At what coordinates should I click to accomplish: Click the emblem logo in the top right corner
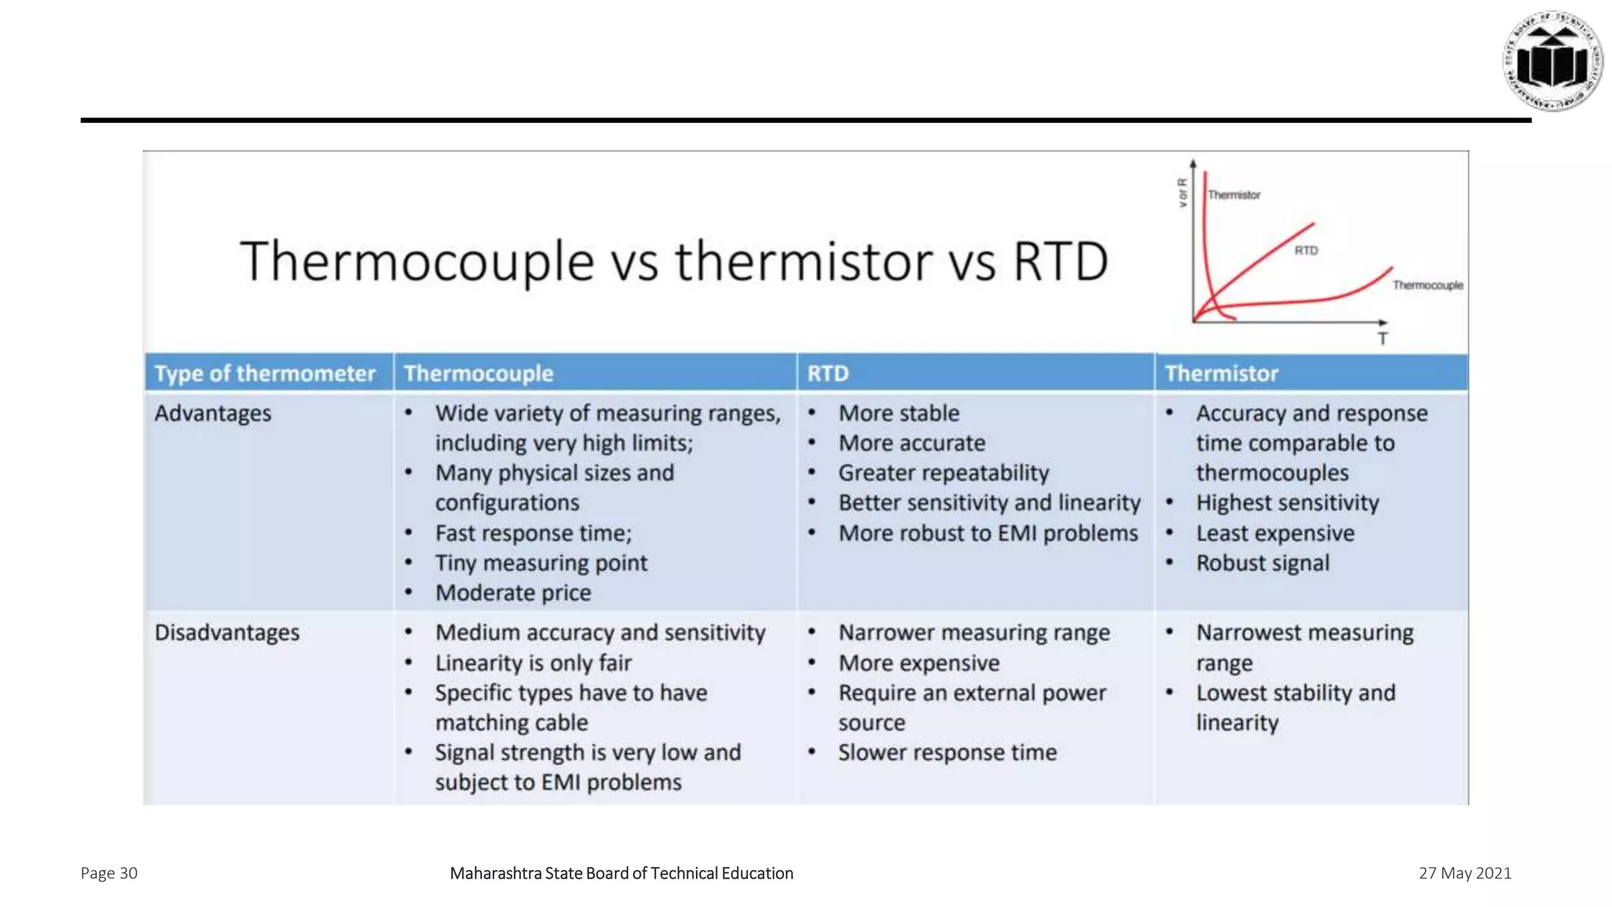tap(1552, 61)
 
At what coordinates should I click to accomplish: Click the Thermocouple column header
tap(479, 373)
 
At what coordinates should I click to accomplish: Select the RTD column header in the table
tap(827, 373)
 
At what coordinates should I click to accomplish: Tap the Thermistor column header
tap(1221, 373)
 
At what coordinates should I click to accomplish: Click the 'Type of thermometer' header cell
tap(264, 373)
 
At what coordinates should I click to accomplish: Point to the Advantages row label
tap(213, 413)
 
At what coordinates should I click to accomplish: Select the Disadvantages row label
tap(227, 632)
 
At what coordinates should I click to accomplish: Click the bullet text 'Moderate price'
tap(513, 593)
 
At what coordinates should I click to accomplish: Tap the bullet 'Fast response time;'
tap(533, 533)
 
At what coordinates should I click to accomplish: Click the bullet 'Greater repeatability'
tap(943, 473)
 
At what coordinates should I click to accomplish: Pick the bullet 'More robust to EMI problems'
tap(988, 533)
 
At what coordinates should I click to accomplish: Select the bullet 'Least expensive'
tap(1275, 533)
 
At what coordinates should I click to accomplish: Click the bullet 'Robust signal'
tap(1263, 563)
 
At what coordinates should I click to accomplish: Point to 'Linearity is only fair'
tap(533, 663)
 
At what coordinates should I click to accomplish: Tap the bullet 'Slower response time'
tap(947, 753)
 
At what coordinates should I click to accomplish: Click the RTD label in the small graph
tap(1306, 250)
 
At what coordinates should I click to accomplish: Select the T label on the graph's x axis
tap(1382, 339)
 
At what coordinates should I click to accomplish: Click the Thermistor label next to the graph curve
tap(1234, 194)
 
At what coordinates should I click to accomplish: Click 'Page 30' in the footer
tap(109, 873)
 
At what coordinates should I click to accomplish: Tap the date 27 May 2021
tap(1465, 873)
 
